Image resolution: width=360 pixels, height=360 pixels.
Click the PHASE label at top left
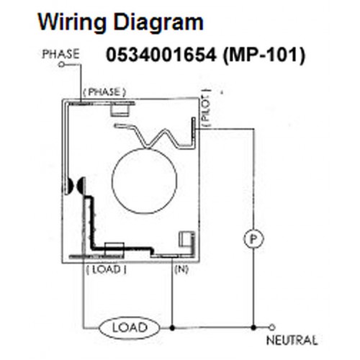click(x=60, y=54)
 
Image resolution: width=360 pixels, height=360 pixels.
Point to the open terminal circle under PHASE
click(x=62, y=64)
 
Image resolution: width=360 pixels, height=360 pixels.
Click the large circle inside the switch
click(x=145, y=180)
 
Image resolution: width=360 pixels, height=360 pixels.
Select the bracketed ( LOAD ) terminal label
click(x=107, y=269)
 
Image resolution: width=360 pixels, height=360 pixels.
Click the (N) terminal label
click(x=181, y=269)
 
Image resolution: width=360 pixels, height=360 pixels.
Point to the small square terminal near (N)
click(x=184, y=240)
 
